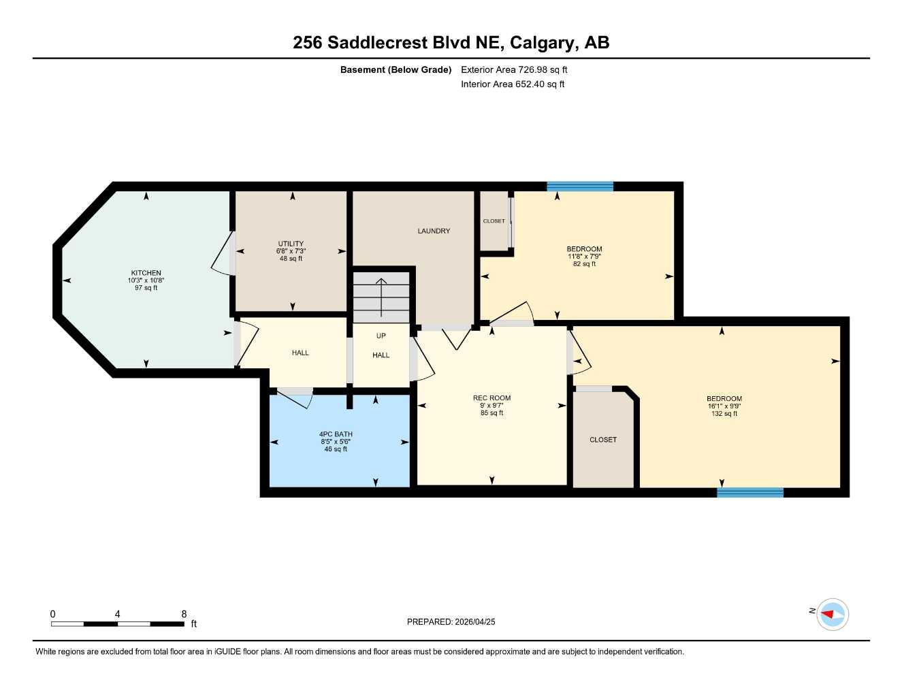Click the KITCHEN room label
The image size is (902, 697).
[x=146, y=273]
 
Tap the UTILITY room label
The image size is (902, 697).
[x=291, y=244]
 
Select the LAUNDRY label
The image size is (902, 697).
[x=434, y=231]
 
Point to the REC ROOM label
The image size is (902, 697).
[x=492, y=398]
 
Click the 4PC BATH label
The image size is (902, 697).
[x=336, y=434]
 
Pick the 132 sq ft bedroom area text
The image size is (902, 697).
[x=724, y=414]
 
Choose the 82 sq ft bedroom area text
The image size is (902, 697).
[x=584, y=264]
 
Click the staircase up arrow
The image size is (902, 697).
[x=381, y=297]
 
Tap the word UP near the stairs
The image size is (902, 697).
[x=381, y=336]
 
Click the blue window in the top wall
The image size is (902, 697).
[x=580, y=187]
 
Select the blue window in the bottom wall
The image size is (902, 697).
[x=750, y=493]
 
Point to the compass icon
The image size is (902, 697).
[x=833, y=615]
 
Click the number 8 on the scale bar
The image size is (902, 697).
[x=184, y=613]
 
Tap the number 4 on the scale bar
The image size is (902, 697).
[x=118, y=613]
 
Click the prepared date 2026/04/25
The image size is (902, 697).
[x=475, y=622]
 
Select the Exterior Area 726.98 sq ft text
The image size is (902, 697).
[x=514, y=69]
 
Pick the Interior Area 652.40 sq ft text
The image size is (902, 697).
[x=513, y=84]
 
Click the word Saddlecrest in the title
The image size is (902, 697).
[x=378, y=43]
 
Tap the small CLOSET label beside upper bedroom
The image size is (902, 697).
[x=494, y=221]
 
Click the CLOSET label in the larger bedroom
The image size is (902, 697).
[x=603, y=439]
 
